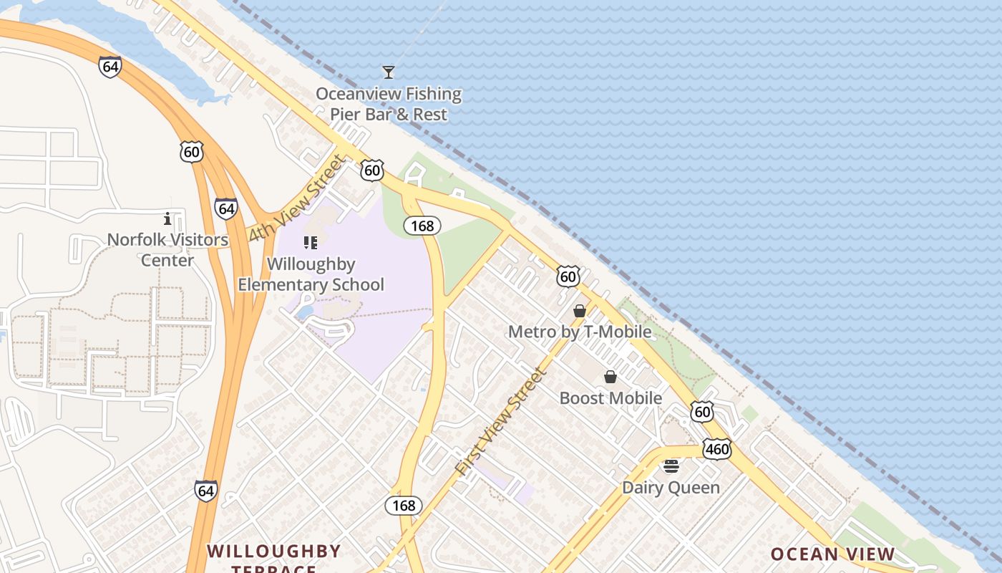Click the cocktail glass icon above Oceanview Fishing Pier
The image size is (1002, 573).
[389, 72]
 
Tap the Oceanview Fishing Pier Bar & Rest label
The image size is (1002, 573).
[389, 104]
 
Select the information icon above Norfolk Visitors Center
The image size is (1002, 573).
[167, 218]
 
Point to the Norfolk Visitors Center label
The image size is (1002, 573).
[167, 249]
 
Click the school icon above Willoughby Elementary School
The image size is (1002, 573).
[310, 243]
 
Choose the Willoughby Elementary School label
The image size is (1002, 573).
[311, 274]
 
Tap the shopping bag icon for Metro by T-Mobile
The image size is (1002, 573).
[580, 311]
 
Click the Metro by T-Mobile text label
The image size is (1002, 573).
[580, 332]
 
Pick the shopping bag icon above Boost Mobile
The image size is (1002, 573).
[611, 377]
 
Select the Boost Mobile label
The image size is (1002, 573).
[611, 398]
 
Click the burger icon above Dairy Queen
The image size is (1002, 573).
[671, 466]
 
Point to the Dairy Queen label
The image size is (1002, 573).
[671, 488]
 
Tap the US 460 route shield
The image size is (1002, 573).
[716, 449]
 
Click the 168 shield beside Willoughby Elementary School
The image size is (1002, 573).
[422, 226]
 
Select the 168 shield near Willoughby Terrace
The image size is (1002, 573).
[404, 506]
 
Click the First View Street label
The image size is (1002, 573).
[501, 422]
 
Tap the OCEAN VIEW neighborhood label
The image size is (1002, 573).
[832, 554]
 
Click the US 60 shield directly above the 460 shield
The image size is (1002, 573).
[702, 411]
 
